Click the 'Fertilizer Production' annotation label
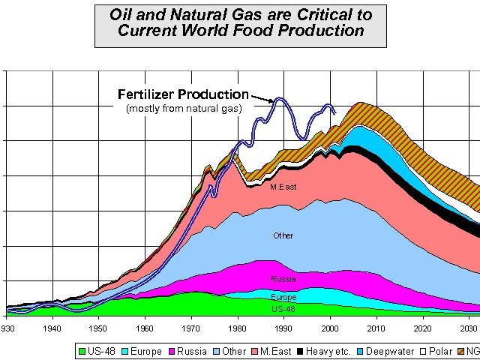tap(183, 94)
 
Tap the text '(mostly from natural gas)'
tap(184, 109)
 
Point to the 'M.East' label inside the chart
tap(283, 187)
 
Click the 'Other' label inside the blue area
tap(283, 235)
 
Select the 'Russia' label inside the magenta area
tap(283, 279)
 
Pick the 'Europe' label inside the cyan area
tap(283, 297)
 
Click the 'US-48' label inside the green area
tap(283, 308)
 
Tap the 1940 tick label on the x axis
tap(52, 329)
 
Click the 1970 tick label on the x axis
tap(191, 329)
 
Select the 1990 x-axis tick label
tap(283, 329)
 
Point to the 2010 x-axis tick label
tap(376, 329)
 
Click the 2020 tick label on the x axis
tap(423, 329)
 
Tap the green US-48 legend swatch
tap(82, 351)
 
